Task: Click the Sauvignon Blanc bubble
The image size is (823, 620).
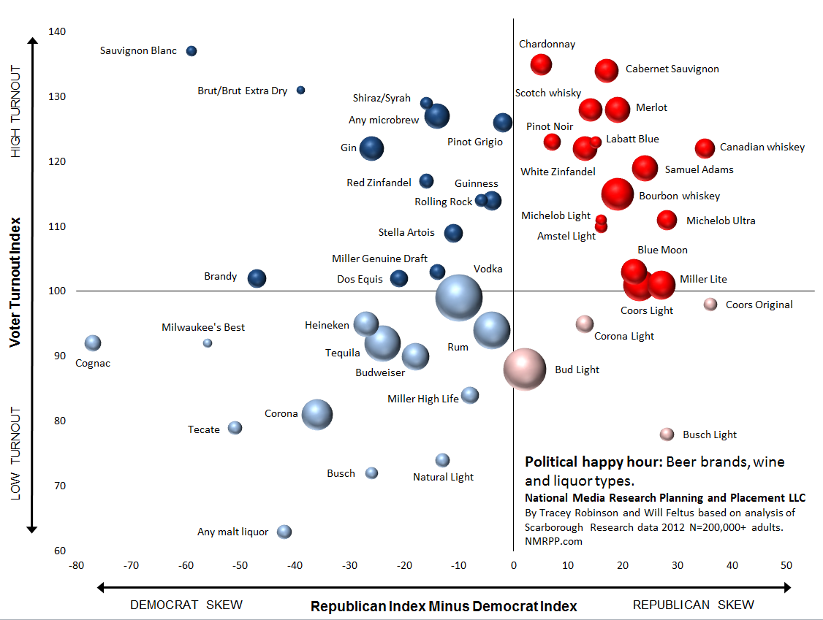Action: [191, 51]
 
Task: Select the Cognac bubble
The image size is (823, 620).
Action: [93, 343]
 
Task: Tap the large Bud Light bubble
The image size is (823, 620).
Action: [525, 370]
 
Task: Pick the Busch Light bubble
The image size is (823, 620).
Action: [667, 435]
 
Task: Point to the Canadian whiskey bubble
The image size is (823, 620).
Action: [705, 148]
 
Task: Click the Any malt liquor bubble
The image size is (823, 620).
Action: [284, 532]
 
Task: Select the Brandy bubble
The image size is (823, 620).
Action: [257, 278]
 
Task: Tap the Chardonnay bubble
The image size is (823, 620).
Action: [541, 64]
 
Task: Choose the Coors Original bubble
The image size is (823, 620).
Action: [710, 305]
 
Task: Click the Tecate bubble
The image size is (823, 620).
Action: [235, 428]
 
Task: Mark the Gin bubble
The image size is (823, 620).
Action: [371, 148]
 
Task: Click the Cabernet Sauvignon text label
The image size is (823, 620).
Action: [672, 69]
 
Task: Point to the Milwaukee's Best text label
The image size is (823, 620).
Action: [203, 327]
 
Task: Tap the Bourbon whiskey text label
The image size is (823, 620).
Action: [679, 196]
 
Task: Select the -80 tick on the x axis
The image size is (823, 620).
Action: [76, 565]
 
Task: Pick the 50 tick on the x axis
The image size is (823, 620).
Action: [786, 565]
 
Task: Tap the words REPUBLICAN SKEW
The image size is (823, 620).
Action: [693, 605]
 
